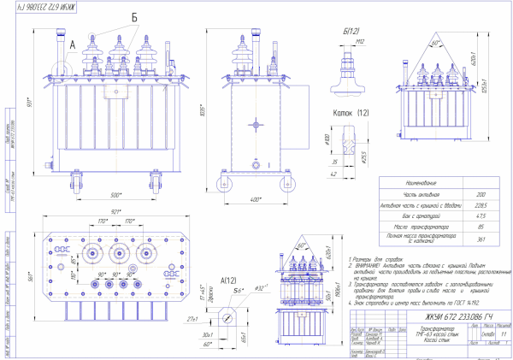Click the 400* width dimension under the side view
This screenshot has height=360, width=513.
tap(255, 199)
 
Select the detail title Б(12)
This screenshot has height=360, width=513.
tap(350, 32)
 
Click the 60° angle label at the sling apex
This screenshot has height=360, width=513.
tap(435, 39)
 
